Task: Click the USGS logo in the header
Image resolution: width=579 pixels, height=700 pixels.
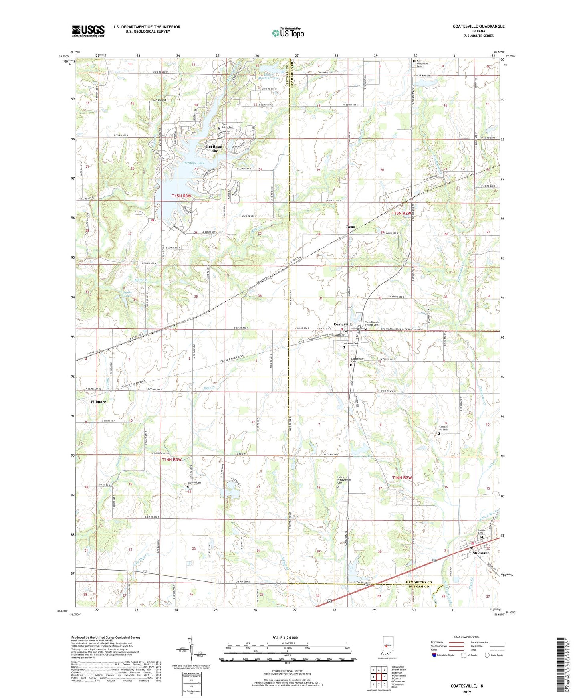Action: point(88,31)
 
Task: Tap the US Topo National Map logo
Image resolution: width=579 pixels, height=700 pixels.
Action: point(288,32)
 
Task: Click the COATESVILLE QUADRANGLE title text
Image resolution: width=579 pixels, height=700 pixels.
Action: point(478,26)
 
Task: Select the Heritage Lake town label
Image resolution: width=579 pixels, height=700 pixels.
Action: point(214,148)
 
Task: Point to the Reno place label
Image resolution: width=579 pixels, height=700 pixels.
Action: point(351,227)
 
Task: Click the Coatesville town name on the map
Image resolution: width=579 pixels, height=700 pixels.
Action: point(343,324)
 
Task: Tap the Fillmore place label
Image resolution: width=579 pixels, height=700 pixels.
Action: point(98,401)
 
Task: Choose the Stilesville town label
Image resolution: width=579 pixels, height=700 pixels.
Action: point(481,553)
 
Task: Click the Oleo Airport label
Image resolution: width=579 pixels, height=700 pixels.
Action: point(159,100)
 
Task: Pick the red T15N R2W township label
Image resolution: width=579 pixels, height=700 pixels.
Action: point(401,214)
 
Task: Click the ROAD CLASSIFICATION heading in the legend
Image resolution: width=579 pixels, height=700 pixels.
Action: point(466,637)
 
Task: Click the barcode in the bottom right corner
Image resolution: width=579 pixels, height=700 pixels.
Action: point(562,666)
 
